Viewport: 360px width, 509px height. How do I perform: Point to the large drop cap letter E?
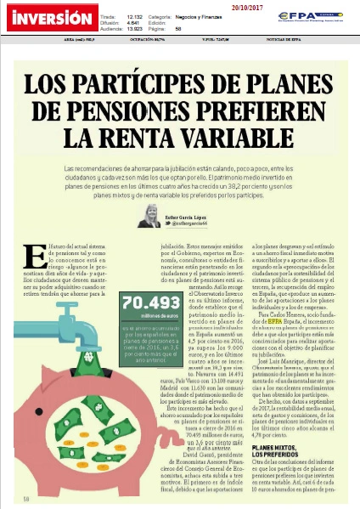pyautogui.click(x=35, y=257)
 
